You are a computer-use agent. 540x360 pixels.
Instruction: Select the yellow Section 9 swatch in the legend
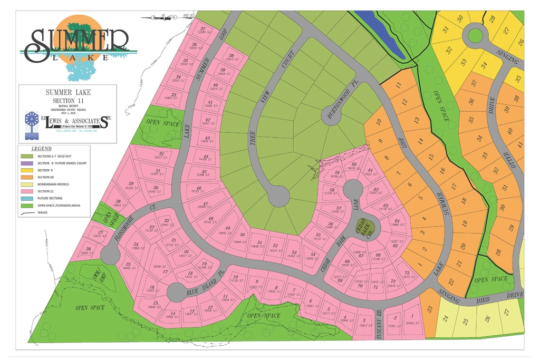click(x=27, y=170)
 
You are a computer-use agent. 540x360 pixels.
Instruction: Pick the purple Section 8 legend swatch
click(x=27, y=163)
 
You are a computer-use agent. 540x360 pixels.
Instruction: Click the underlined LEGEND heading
click(x=42, y=149)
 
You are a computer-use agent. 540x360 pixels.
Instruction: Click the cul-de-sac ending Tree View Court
click(x=278, y=197)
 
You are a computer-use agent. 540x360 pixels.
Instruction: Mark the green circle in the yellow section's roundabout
click(x=475, y=36)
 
